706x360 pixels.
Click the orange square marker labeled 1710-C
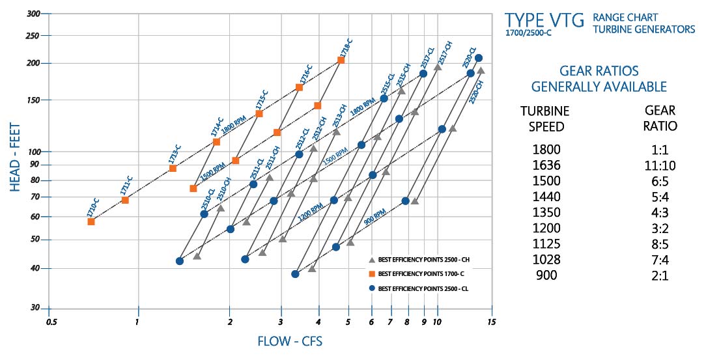pos(91,222)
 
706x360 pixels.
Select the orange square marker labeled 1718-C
pos(341,61)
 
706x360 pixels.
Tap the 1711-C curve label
pos(126,186)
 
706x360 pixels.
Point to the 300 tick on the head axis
pos(33,14)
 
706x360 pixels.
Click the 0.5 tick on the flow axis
pos(49,322)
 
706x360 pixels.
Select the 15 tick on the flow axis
pos(492,322)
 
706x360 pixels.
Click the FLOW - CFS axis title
pos(290,341)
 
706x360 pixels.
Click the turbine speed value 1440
pos(545,197)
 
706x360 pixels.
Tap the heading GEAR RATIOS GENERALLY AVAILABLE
pos(599,78)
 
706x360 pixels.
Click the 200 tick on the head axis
pos(33,63)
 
